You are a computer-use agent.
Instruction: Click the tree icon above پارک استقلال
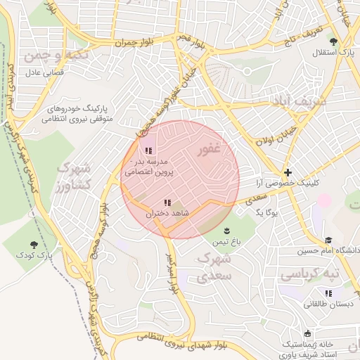click(x=343, y=41)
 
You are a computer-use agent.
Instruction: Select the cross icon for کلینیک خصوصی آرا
click(x=288, y=172)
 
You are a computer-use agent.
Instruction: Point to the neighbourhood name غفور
click(x=210, y=149)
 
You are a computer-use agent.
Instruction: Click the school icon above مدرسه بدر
click(x=148, y=150)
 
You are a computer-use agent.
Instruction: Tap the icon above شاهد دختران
click(x=167, y=202)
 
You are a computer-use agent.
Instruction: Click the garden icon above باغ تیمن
click(x=226, y=231)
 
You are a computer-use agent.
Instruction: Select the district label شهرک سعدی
click(x=214, y=267)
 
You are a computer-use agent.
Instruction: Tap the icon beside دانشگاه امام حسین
click(x=330, y=240)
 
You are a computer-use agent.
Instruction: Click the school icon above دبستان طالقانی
click(x=328, y=293)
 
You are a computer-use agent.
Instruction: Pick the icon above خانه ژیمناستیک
click(x=307, y=333)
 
